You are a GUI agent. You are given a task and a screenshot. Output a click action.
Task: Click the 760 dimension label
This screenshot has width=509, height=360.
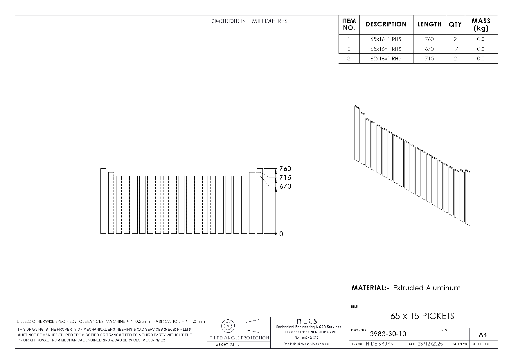click(x=285, y=169)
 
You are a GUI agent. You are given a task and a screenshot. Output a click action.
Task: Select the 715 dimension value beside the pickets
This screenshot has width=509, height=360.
click(x=285, y=178)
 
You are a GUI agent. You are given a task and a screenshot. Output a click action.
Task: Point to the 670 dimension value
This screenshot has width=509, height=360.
click(x=285, y=186)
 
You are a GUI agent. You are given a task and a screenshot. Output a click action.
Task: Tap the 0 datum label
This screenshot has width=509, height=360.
click(x=281, y=234)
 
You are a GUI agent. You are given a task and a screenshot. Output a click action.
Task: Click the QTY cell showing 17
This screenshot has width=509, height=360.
click(x=455, y=49)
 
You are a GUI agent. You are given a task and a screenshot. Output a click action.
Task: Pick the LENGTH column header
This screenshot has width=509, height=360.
click(x=429, y=24)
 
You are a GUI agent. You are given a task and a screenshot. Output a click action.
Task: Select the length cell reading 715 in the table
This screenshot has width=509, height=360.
click(x=429, y=58)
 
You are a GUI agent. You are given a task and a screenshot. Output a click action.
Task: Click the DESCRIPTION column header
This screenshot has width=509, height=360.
click(x=386, y=24)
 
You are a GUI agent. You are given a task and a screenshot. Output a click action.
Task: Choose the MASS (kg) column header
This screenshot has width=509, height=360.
click(x=481, y=24)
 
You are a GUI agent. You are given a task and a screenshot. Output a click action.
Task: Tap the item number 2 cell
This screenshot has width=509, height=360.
click(x=349, y=49)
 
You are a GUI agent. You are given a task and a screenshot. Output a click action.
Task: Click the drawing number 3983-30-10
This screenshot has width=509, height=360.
click(x=388, y=334)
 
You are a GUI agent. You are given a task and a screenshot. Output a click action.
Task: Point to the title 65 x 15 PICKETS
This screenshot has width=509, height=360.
click(x=422, y=316)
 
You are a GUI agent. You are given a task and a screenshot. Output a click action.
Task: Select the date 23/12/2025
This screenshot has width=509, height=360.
click(x=430, y=344)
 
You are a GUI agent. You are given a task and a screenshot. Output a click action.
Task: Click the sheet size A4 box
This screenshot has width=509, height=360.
click(x=483, y=335)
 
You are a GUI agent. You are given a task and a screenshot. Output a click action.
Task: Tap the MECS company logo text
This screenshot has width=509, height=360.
click(x=307, y=321)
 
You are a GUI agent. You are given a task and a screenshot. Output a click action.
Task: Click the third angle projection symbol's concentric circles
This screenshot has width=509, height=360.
click(x=228, y=326)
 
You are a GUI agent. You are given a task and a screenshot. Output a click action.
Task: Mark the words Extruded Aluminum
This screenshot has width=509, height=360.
click(x=427, y=288)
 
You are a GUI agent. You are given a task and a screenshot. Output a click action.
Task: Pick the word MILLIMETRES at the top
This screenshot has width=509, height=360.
click(x=270, y=21)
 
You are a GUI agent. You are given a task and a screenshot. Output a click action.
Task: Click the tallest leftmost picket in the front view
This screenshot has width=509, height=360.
click(x=103, y=201)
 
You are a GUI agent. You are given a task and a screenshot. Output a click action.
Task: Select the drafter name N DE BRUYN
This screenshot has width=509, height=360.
click(x=380, y=344)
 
